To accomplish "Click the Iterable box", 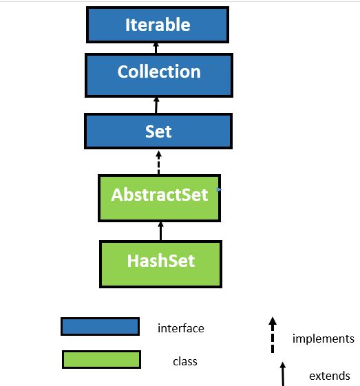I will point(157,25).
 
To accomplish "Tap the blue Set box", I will point(158,131).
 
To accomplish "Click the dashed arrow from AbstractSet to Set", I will point(159,162).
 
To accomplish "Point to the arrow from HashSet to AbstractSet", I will point(160,230).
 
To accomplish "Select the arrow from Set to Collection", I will point(157,105).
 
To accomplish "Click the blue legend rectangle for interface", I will point(100,326).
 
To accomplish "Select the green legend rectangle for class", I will point(101,359).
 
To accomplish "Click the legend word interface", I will point(180,328).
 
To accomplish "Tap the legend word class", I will point(185,361).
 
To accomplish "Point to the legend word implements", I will point(323,339).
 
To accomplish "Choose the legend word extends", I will point(329,376).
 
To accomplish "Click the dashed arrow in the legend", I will point(273,334).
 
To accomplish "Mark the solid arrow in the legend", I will point(282,372).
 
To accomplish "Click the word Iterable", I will point(157,25).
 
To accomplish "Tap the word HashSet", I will point(160,261).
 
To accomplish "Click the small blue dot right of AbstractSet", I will point(218,189).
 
